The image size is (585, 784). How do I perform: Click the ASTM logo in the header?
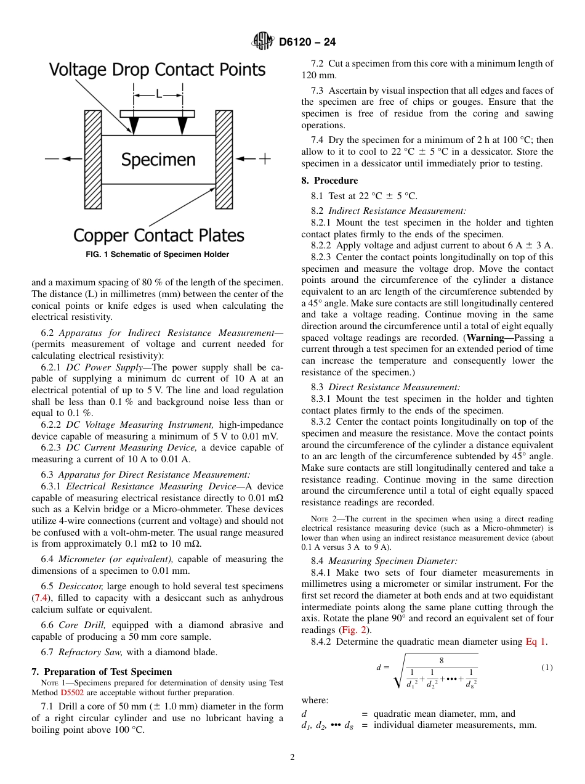(x=263, y=41)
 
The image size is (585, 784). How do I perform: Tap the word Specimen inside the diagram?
(x=158, y=160)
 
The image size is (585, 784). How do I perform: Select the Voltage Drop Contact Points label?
(x=157, y=70)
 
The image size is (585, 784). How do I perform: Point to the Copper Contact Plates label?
(x=159, y=235)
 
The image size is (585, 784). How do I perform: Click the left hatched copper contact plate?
(x=93, y=160)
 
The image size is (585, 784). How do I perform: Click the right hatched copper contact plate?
(x=224, y=160)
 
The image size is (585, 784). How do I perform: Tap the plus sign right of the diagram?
(x=264, y=159)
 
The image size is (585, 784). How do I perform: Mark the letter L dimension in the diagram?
(x=158, y=94)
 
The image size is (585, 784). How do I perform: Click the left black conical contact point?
(x=134, y=126)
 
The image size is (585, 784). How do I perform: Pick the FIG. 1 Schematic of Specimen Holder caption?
(x=157, y=255)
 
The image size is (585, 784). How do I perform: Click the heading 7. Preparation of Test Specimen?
(x=102, y=671)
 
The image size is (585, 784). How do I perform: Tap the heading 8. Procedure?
(x=329, y=181)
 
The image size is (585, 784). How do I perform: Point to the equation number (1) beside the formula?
(x=547, y=668)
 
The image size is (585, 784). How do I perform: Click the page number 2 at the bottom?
(x=292, y=757)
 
